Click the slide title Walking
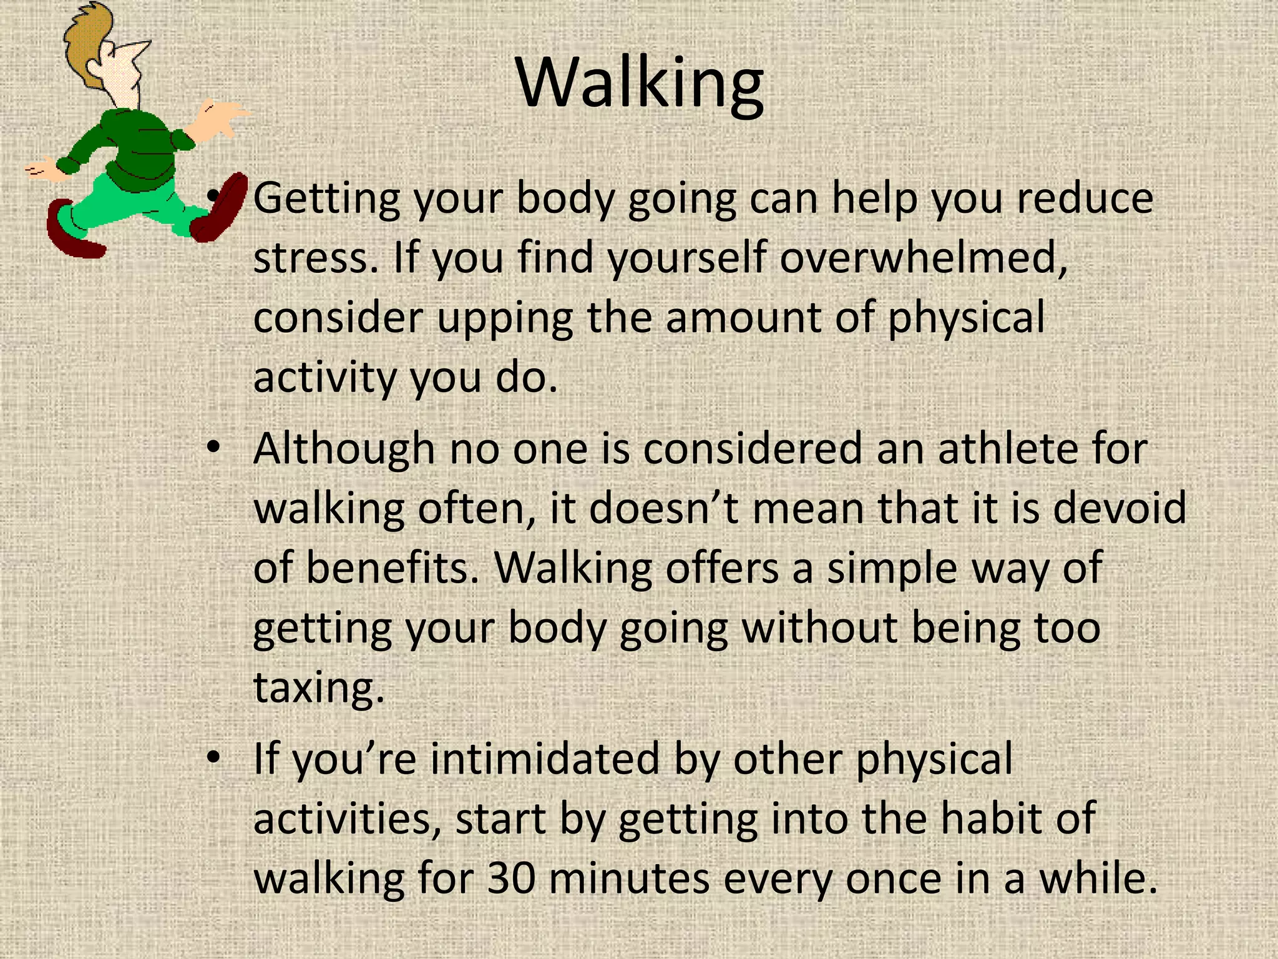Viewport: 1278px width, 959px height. point(640,84)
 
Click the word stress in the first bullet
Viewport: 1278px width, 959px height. point(315,258)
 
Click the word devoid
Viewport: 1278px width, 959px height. point(1119,508)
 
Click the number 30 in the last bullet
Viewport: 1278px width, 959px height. point(511,878)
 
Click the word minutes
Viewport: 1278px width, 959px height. point(629,878)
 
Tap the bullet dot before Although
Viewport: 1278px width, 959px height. point(214,448)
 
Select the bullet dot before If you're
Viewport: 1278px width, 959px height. point(214,758)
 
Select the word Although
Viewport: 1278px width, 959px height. point(344,449)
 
